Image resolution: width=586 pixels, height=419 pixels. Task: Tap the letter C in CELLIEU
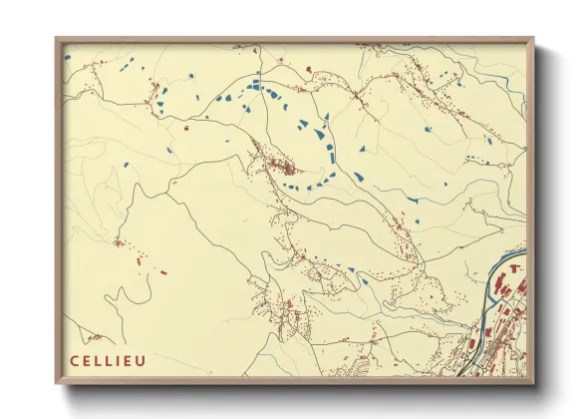click(75, 361)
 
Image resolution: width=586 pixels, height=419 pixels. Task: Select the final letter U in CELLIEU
click(146, 361)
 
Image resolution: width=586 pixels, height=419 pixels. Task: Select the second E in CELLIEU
click(133, 361)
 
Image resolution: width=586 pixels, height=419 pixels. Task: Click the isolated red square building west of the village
click(186, 127)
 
